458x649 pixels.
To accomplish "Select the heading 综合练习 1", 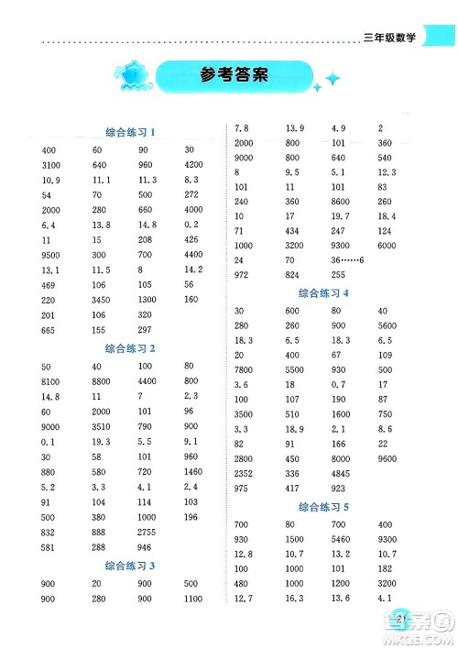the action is click(x=129, y=133).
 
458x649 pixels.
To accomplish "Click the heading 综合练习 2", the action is click(x=129, y=348).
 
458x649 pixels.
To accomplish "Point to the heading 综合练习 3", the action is click(x=129, y=566).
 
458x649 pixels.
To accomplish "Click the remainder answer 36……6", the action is click(x=347, y=262).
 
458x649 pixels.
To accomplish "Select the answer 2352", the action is click(x=245, y=474).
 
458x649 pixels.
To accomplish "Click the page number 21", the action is click(x=403, y=620).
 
